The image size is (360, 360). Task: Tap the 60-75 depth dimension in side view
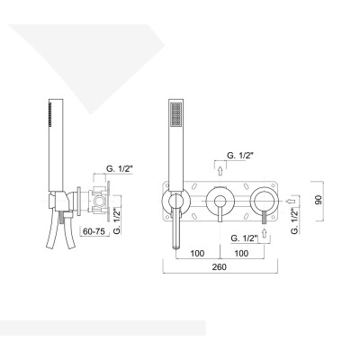94,231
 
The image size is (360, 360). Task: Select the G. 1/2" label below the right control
244,237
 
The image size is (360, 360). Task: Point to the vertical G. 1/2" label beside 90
294,217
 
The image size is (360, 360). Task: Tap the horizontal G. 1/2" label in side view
119,166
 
